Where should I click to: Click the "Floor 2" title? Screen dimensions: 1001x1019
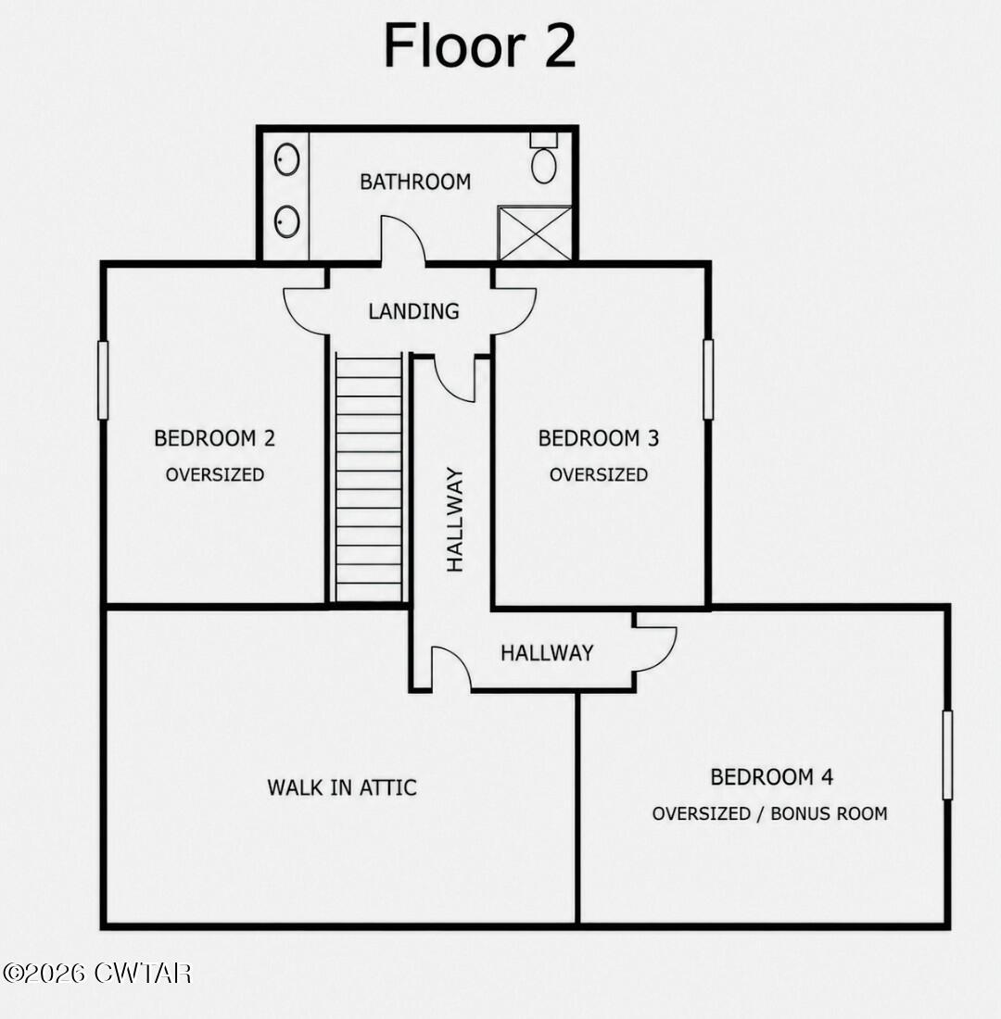point(479,45)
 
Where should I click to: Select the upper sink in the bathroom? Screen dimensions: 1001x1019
point(286,159)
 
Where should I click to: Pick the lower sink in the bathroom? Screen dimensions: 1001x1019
point(286,221)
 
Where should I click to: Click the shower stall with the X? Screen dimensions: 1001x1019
point(535,233)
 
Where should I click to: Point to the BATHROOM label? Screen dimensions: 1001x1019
point(415,182)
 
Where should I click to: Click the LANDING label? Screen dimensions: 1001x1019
point(413,311)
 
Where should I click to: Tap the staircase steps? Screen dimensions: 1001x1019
point(369,478)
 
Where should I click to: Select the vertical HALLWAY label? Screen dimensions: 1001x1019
point(455,520)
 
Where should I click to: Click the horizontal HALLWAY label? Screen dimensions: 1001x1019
point(547,652)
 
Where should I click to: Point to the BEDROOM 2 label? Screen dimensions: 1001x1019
point(215,439)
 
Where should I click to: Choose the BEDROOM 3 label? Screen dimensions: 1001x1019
point(599,439)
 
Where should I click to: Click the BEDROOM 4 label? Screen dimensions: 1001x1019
point(771,776)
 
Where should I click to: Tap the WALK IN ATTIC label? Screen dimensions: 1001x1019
point(341,787)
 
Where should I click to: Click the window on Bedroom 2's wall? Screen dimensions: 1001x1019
point(103,380)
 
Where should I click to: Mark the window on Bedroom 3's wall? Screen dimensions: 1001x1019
point(708,380)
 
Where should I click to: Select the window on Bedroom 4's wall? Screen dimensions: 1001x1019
point(947,754)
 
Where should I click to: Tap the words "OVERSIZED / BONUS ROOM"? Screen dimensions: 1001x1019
point(769,813)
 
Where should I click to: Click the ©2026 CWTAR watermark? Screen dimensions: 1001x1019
point(97,974)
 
